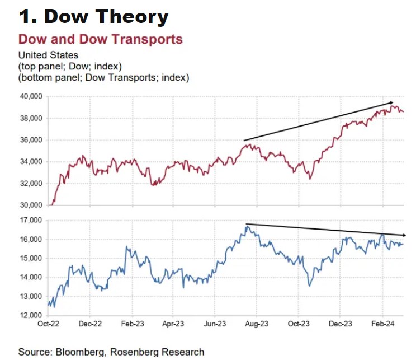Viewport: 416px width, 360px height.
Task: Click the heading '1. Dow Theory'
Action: click(93, 17)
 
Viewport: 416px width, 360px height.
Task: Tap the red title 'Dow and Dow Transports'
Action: click(101, 39)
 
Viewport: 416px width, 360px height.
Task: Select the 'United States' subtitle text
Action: click(48, 55)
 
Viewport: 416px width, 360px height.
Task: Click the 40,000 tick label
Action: click(31, 97)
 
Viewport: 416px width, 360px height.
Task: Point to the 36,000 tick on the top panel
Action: click(31, 140)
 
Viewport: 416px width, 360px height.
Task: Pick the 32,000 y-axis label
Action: click(31, 184)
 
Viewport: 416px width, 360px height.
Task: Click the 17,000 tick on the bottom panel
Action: click(31, 221)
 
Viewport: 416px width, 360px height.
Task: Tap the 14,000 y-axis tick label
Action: click(31, 277)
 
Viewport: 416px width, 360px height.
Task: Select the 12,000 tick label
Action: click(31, 315)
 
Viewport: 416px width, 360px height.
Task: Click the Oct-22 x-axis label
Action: click(48, 324)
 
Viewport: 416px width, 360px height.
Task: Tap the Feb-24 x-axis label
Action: click(382, 324)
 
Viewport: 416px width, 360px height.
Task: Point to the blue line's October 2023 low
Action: click(310, 285)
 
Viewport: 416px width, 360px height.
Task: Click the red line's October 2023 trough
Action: click(310, 179)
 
